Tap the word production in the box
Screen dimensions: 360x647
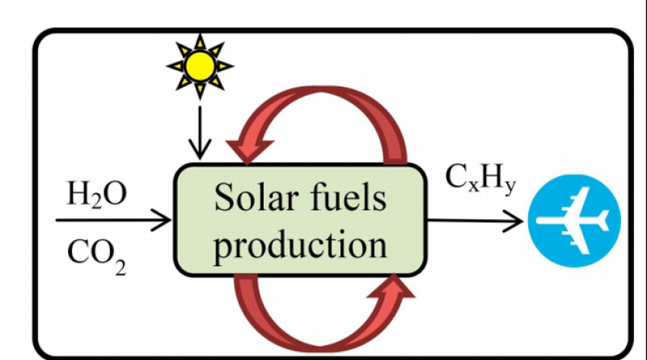click(x=300, y=241)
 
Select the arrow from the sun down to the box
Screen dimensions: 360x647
click(x=197, y=129)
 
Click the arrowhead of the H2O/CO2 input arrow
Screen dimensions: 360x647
click(x=166, y=219)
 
